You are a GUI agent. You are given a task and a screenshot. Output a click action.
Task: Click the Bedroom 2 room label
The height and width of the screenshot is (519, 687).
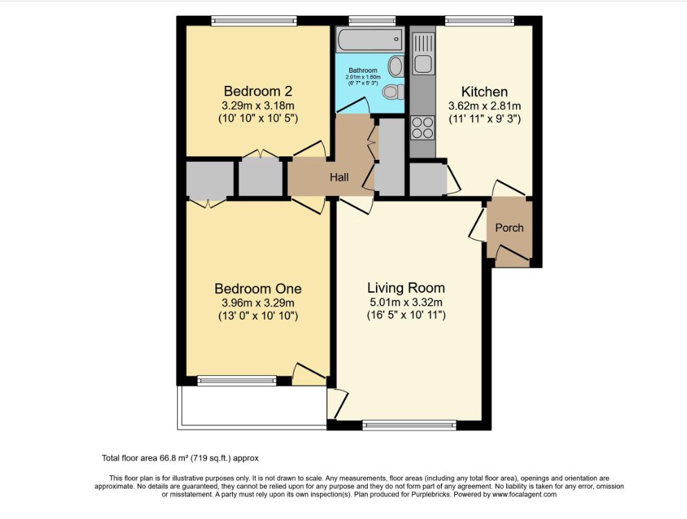(x=258, y=91)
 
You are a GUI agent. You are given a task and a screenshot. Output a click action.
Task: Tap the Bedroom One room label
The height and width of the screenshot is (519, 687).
(x=258, y=289)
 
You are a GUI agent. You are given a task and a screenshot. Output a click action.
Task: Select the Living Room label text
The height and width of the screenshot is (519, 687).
(x=406, y=288)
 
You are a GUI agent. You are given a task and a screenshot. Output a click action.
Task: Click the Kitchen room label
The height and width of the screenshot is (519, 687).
(x=485, y=91)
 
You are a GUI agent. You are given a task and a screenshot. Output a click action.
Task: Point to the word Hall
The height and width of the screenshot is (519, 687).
(x=339, y=177)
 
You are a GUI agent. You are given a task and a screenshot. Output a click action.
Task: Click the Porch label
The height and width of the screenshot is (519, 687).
(x=509, y=228)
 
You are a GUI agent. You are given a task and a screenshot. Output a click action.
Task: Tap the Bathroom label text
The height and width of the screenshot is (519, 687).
(x=363, y=70)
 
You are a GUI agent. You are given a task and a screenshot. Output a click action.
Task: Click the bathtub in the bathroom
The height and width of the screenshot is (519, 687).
(x=371, y=39)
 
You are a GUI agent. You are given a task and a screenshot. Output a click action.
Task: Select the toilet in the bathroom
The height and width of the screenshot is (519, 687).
(x=393, y=91)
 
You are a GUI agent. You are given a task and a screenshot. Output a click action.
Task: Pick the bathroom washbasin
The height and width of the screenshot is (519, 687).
(x=397, y=66)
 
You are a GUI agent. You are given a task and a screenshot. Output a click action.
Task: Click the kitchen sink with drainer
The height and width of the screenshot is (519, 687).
(x=423, y=53)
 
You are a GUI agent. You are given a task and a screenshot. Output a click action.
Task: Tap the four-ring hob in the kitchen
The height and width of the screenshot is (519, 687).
(x=422, y=127)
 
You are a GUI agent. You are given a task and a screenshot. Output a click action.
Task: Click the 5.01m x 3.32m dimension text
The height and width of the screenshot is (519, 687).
(x=406, y=302)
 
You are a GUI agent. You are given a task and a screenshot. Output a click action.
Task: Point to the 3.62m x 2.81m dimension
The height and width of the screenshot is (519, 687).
(x=485, y=106)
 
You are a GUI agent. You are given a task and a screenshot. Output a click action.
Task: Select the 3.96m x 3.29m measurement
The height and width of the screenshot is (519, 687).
(x=258, y=302)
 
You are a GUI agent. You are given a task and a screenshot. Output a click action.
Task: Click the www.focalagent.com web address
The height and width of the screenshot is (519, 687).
(x=524, y=495)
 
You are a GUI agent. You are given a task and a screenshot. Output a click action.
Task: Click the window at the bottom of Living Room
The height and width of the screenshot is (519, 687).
(x=410, y=425)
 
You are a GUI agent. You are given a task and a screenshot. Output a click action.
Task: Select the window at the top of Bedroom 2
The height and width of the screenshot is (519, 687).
(x=254, y=21)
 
